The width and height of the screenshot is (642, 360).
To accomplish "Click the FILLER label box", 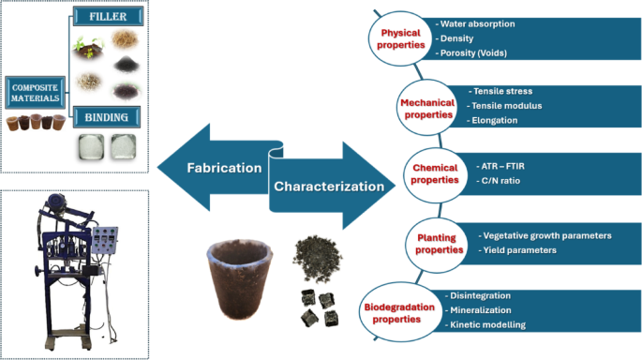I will [x=109, y=16].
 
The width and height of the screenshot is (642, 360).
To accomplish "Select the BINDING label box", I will [x=109, y=116].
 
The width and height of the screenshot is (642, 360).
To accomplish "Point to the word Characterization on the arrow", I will [x=328, y=186].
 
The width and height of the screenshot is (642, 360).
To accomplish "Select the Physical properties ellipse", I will [x=399, y=38].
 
